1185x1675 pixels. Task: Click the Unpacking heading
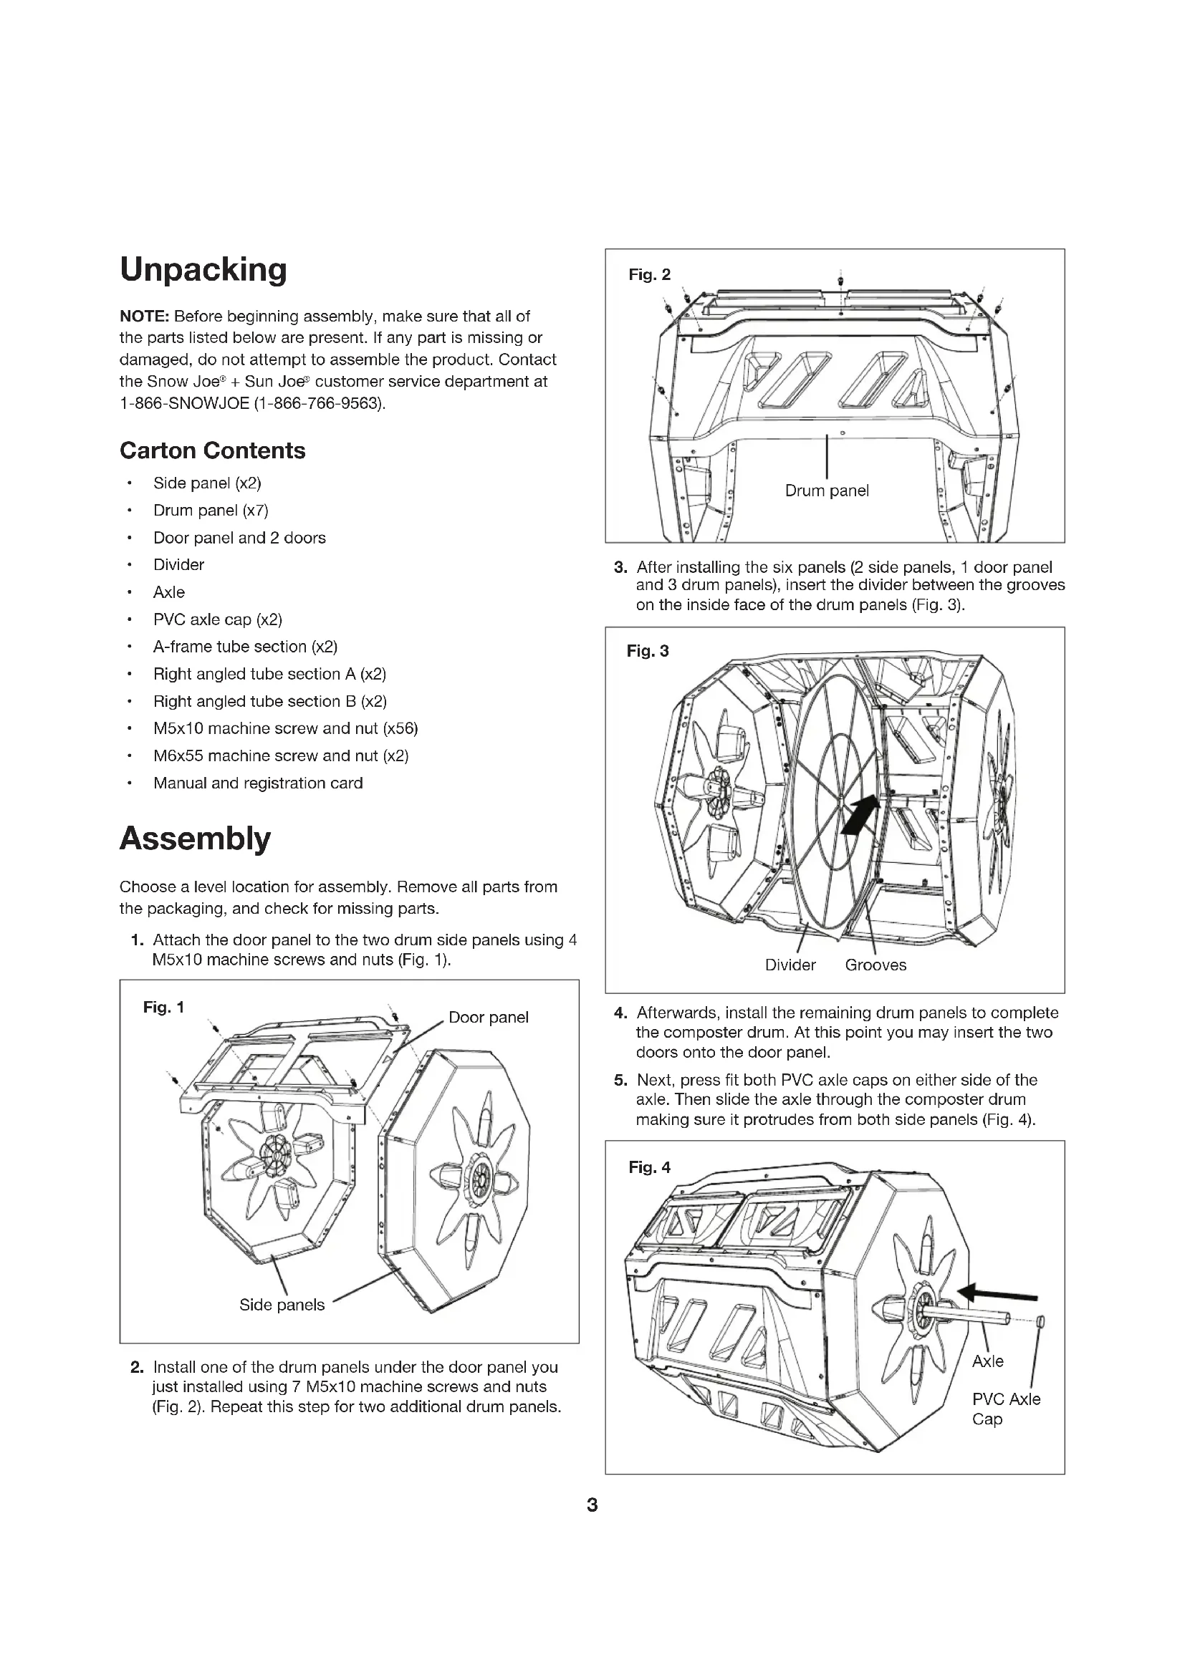click(203, 269)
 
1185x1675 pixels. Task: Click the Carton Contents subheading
click(212, 450)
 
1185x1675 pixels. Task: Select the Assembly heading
click(195, 839)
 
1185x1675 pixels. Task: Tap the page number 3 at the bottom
click(592, 1505)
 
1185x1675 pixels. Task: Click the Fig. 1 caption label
click(163, 1008)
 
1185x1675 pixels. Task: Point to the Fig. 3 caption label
click(647, 651)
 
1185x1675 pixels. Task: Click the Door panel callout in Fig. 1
click(488, 1017)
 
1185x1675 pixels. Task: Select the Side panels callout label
click(282, 1304)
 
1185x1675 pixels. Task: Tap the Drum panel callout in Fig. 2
click(827, 491)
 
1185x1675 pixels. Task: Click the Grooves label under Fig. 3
click(875, 965)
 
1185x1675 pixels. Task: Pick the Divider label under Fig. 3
click(790, 965)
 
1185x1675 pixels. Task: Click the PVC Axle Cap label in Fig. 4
click(1005, 1409)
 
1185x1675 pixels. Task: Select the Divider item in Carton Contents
click(179, 564)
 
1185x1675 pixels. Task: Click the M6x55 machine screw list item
click(280, 756)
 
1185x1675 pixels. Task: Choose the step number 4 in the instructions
click(620, 1013)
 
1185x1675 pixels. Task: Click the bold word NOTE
click(144, 316)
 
